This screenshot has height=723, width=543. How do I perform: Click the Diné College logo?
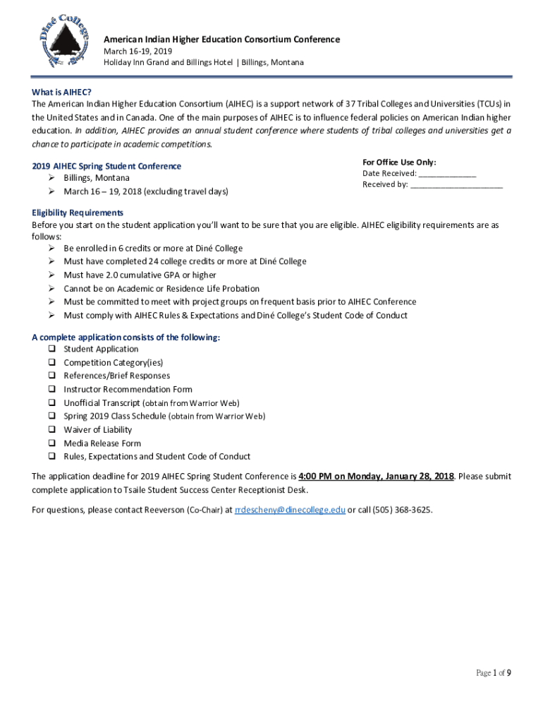click(x=65, y=40)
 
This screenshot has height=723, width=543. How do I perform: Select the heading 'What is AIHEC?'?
click(x=61, y=92)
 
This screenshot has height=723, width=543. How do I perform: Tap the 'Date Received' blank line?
click(x=447, y=174)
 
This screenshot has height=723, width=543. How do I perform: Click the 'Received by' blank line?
click(x=456, y=185)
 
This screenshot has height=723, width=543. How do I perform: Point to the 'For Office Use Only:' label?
click(x=399, y=162)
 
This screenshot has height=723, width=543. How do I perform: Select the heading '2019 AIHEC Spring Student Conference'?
click(x=106, y=166)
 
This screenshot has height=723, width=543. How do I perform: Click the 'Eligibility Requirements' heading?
click(x=78, y=213)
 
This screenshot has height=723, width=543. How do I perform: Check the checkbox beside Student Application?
click(x=52, y=349)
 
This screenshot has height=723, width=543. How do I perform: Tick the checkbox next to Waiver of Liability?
click(x=52, y=429)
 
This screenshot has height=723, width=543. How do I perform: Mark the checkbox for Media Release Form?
click(x=52, y=443)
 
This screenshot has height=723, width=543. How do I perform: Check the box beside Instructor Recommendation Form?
click(x=52, y=389)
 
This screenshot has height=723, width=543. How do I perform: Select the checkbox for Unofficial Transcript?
click(x=52, y=402)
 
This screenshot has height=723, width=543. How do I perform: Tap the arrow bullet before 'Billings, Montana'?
click(x=52, y=178)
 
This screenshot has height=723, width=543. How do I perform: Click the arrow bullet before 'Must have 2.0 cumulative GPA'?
click(x=52, y=275)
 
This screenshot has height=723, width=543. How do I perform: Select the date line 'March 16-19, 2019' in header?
click(x=138, y=52)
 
